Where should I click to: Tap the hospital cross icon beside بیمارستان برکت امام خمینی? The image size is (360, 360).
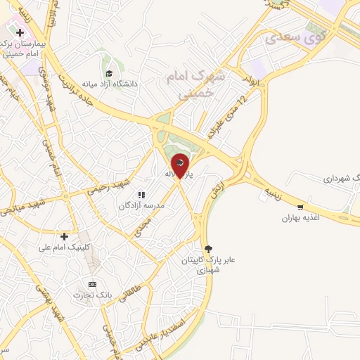pos(20,32)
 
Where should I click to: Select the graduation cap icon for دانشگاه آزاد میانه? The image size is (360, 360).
pos(108,74)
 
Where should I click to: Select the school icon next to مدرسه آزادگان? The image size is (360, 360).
pos(141,195)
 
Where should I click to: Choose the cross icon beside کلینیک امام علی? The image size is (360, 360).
pos(64,236)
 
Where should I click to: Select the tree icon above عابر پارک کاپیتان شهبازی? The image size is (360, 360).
pos(207,248)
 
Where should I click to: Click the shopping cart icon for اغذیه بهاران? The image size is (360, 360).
pos(300,207)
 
